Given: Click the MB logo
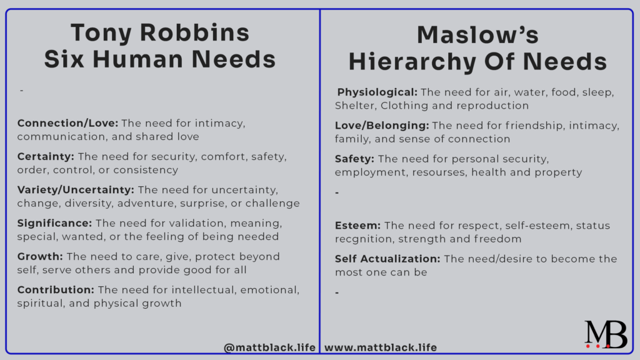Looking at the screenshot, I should [x=605, y=334].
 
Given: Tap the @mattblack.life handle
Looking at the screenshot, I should [x=270, y=347].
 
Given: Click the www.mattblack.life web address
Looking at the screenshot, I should [x=381, y=347].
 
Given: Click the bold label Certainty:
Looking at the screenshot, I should [x=45, y=156].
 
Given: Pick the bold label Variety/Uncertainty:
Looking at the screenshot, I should [x=76, y=190].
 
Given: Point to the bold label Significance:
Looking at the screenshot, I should [x=54, y=223].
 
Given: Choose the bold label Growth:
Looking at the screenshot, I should [x=40, y=257].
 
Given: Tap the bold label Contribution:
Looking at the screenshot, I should [x=56, y=290].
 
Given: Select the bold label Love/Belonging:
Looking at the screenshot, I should [x=381, y=126].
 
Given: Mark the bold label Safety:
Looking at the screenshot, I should [x=354, y=159].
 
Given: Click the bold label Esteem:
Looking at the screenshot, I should [x=357, y=225].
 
